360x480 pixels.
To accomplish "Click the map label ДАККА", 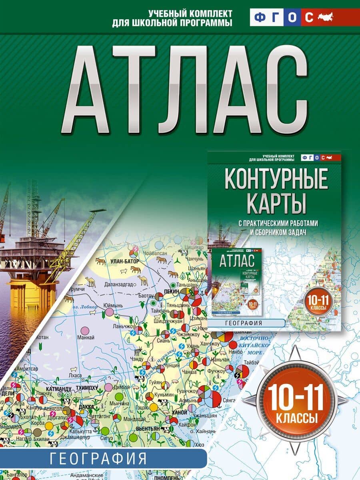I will click(86, 407).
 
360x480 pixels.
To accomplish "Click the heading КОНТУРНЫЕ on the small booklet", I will click(276, 181).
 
